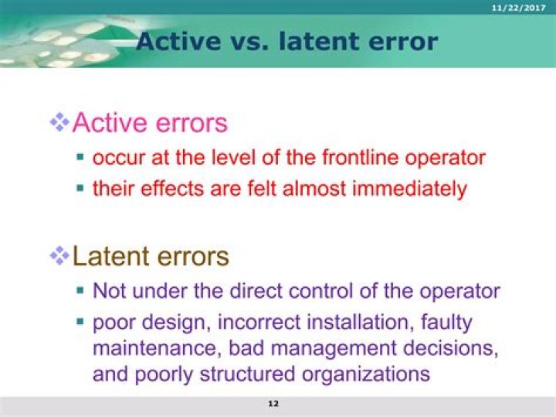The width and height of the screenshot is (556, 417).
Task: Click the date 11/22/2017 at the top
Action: (x=524, y=7)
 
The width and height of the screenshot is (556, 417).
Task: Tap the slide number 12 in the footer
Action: (x=273, y=404)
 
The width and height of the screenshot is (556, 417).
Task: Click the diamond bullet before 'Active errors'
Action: (x=59, y=121)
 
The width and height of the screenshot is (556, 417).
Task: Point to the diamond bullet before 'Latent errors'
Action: (x=59, y=255)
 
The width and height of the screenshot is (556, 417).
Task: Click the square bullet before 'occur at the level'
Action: (x=80, y=158)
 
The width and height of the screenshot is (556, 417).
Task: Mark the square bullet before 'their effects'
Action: (x=80, y=188)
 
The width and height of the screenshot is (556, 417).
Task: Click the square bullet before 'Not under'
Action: (x=80, y=292)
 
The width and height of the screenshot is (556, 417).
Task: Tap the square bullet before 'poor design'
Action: (x=80, y=321)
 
